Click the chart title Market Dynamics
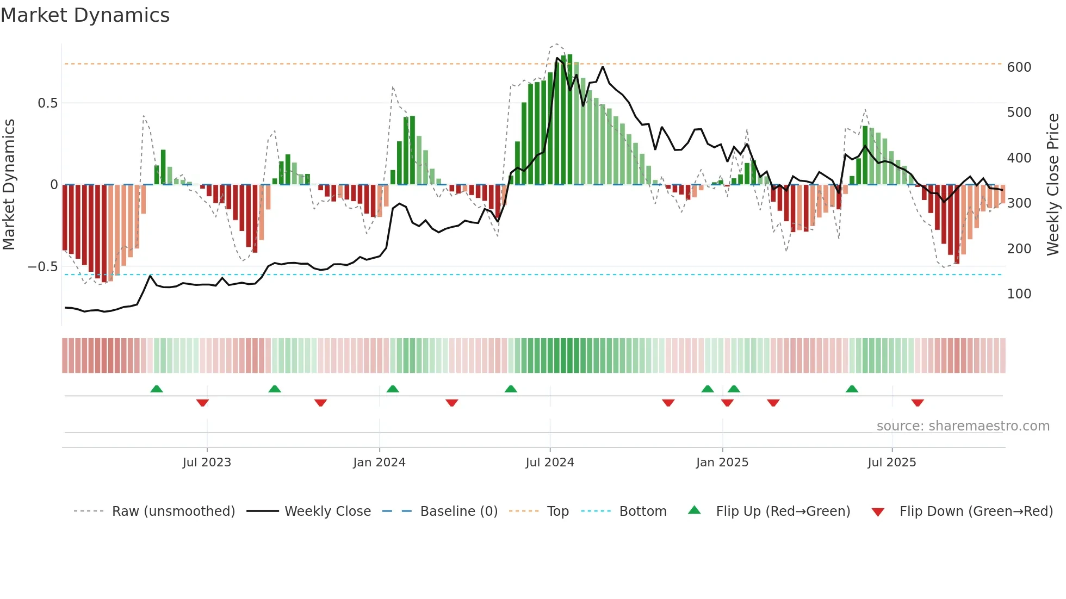85,15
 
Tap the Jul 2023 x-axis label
207,463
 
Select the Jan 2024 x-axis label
379,463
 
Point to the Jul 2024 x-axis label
550,463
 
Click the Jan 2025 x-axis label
722,463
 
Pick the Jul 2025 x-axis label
892,463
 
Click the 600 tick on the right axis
1019,67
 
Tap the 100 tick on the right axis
1019,294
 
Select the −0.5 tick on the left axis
42,267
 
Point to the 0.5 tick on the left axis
47,103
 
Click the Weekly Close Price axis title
1053,184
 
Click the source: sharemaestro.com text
963,426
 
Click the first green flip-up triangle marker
157,389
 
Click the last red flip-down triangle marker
918,403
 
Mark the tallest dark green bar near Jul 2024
570,120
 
